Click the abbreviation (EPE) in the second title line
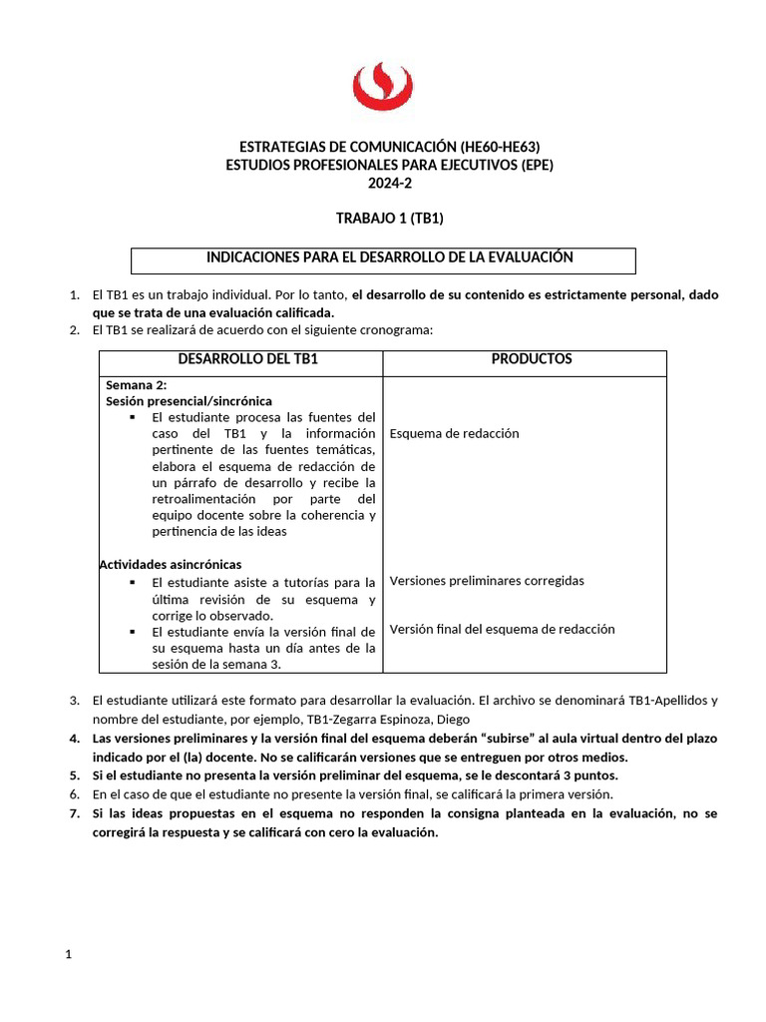(534, 165)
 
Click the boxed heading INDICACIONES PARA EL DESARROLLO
(389, 257)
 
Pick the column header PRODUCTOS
(531, 359)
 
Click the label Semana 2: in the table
(137, 385)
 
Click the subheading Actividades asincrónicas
(170, 565)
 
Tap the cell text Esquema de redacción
(454, 434)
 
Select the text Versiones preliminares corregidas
(487, 581)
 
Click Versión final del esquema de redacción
(502, 630)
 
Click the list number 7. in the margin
(75, 814)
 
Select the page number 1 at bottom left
(69, 955)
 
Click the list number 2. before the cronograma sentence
(75, 330)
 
